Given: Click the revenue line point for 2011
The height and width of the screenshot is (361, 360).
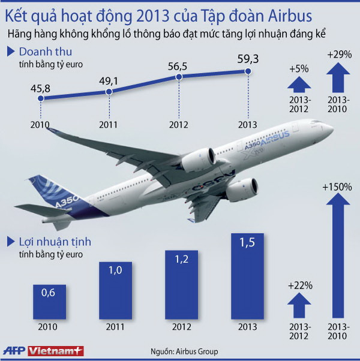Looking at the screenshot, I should click(x=109, y=92).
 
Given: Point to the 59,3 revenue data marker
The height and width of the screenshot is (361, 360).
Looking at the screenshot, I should click(x=247, y=72).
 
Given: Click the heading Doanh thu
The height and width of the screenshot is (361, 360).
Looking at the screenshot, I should click(x=42, y=52).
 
